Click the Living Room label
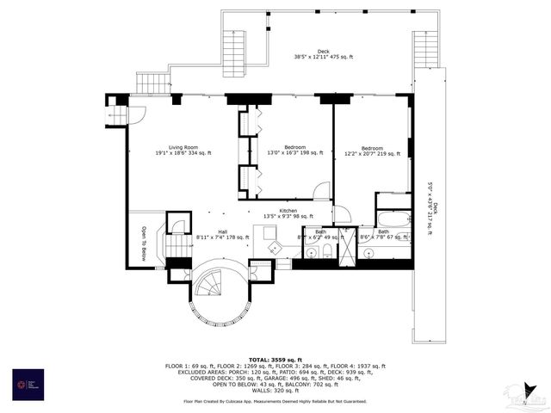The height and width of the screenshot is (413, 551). click(183, 150)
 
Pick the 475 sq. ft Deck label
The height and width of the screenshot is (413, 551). click(324, 54)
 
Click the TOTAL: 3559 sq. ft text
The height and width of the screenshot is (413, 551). click(275, 359)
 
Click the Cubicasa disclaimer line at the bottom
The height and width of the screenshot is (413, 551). click(275, 402)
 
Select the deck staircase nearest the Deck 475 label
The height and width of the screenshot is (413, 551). click(236, 51)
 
